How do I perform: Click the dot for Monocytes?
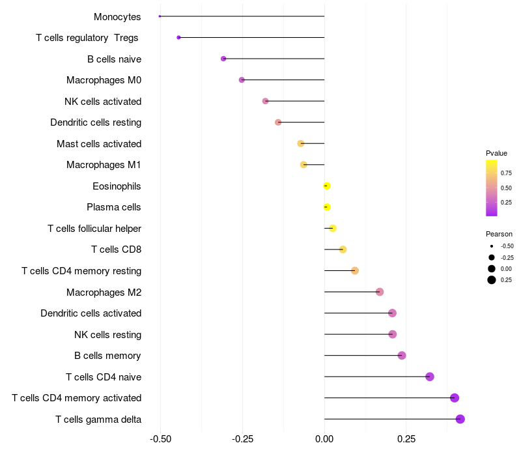tap(160, 16)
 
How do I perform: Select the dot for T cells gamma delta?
tap(460, 419)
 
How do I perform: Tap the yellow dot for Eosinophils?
tap(327, 186)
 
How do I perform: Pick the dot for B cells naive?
tap(223, 59)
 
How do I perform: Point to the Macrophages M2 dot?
tap(380, 292)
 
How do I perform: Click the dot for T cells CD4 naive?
tap(430, 377)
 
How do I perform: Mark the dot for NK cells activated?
tap(265, 101)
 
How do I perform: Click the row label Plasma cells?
tap(114, 207)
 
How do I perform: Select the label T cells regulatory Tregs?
tap(87, 38)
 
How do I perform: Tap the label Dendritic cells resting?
tap(96, 122)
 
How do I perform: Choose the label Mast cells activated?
tap(99, 143)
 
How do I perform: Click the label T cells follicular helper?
tap(94, 229)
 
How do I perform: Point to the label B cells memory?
tap(107, 356)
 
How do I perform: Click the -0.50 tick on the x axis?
tap(161, 438)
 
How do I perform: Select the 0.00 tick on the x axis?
tap(324, 438)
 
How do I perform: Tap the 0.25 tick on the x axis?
tap(406, 438)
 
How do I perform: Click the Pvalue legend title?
tap(496, 153)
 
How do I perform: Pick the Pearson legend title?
tap(499, 234)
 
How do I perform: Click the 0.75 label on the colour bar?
tap(506, 174)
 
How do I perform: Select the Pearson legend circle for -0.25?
tap(492, 257)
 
